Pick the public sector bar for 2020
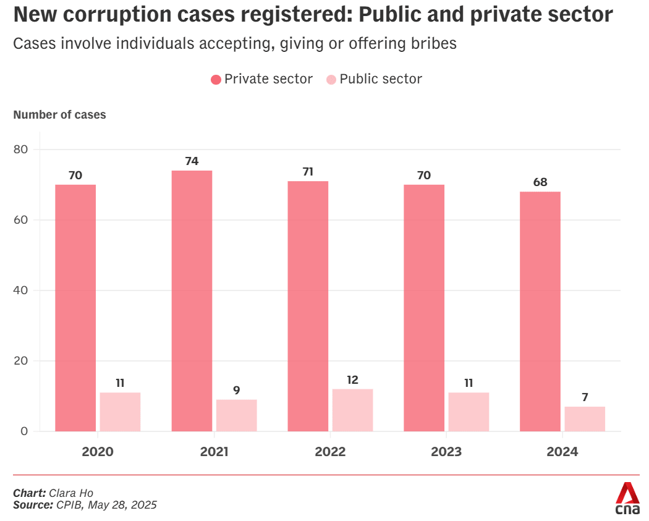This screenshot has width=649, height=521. [120, 412]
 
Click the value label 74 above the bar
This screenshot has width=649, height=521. [192, 161]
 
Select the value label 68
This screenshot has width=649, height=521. [540, 182]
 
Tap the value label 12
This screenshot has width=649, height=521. [352, 379]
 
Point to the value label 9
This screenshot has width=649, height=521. [236, 390]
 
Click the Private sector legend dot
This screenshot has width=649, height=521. [216, 80]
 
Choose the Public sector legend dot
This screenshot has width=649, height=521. [331, 80]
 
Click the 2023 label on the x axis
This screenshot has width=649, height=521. [446, 452]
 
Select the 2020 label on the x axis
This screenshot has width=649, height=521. [98, 452]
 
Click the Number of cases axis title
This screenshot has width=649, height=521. [59, 115]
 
